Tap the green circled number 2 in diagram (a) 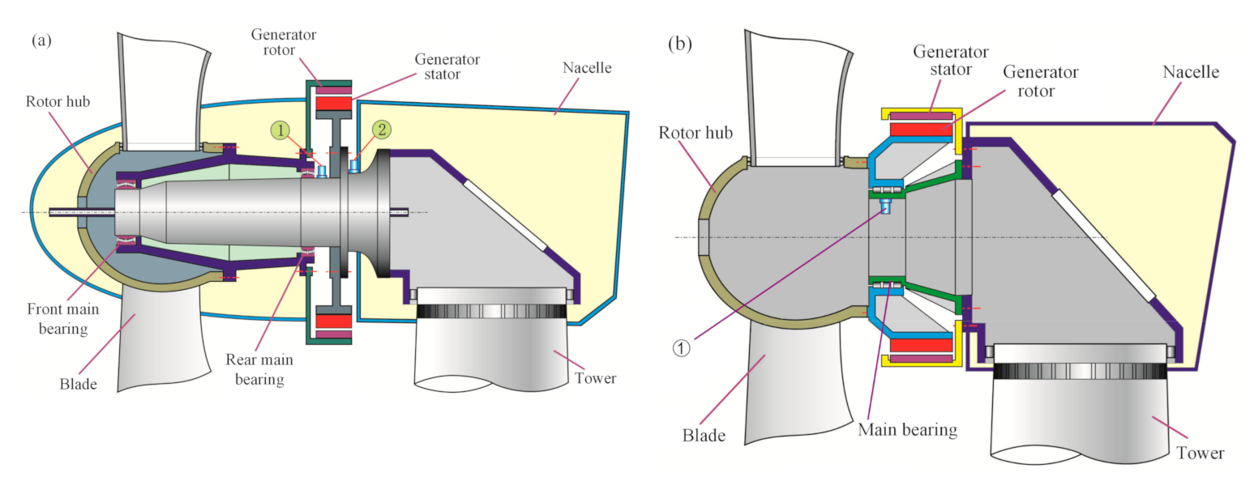tap(381, 130)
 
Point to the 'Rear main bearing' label tap(261, 369)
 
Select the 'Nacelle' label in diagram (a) tap(587, 67)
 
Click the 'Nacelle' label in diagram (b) tap(1191, 72)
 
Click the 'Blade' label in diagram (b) tap(703, 436)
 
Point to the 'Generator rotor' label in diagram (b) tap(1040, 81)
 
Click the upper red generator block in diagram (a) tap(333, 104)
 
